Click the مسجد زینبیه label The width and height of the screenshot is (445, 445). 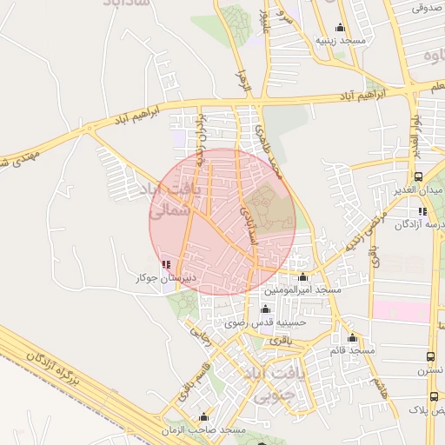[x=339, y=41]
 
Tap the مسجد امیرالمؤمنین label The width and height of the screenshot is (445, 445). [x=302, y=289]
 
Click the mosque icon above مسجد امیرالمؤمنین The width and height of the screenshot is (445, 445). [x=302, y=276]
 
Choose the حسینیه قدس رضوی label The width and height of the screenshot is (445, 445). [x=266, y=322]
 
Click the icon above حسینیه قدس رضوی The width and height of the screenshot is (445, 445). [x=266, y=309]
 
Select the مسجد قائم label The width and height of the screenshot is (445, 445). [x=352, y=350]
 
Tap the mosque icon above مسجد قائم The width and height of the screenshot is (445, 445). [x=352, y=337]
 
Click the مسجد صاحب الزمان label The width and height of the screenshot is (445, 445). [x=204, y=430]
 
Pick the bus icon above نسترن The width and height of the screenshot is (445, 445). [x=432, y=356]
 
